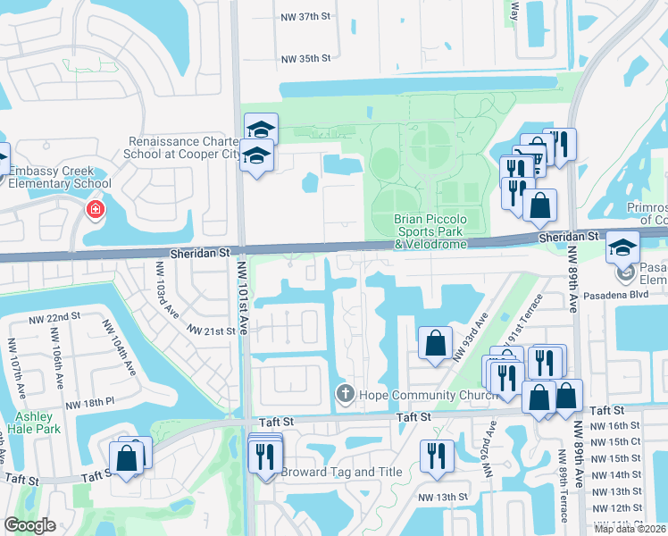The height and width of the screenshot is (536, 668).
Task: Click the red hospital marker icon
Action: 94,210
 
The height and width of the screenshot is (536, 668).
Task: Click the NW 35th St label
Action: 305,59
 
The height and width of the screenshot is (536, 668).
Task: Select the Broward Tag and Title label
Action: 338,472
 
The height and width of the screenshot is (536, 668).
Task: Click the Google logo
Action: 29,525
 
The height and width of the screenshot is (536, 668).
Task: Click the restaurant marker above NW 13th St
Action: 436,456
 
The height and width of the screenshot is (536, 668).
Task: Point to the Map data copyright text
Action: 630,529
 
